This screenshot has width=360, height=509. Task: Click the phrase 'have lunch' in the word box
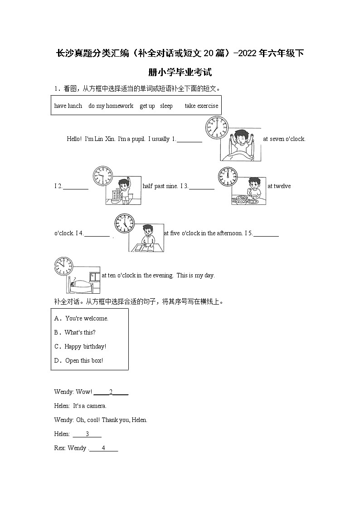click(x=68, y=106)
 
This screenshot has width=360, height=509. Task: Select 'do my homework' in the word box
click(x=111, y=106)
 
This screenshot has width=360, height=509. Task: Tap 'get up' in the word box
click(x=147, y=106)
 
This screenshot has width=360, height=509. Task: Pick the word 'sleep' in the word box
click(x=166, y=106)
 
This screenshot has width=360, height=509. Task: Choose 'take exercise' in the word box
click(x=201, y=106)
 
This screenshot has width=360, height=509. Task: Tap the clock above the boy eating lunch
click(x=228, y=176)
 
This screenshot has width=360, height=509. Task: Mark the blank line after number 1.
click(x=189, y=140)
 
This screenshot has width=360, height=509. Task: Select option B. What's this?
click(x=80, y=333)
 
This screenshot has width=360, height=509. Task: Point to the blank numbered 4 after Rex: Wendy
click(x=103, y=448)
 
